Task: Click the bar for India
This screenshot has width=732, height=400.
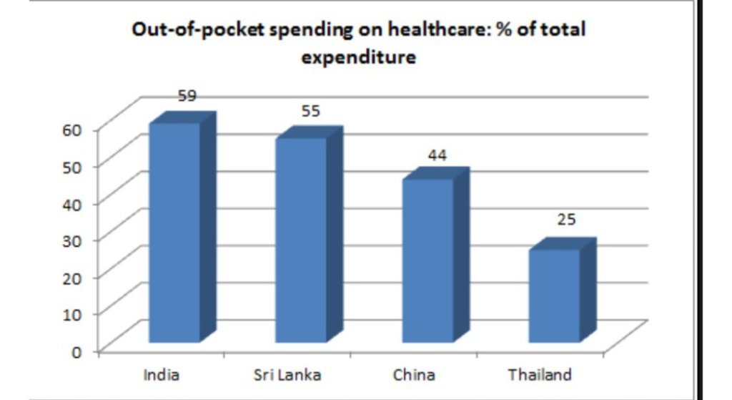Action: [x=174, y=233]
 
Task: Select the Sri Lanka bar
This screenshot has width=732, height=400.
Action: [x=301, y=240]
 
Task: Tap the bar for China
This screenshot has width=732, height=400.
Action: [x=427, y=260]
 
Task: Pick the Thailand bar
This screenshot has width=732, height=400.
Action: [x=554, y=295]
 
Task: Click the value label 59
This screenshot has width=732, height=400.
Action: [x=187, y=95]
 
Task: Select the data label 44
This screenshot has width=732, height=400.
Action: [x=437, y=155]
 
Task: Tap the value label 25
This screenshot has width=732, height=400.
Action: [x=566, y=220]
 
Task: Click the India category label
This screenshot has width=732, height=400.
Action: [x=161, y=375]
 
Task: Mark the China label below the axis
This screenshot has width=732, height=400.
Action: [x=414, y=375]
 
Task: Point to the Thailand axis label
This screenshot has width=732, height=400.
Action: [x=540, y=375]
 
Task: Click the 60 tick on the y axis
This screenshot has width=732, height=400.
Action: [x=76, y=130]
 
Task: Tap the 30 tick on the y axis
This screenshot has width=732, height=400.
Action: [x=76, y=240]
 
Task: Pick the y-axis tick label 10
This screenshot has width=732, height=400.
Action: [x=76, y=314]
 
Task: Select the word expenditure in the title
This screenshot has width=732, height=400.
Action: [x=358, y=57]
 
